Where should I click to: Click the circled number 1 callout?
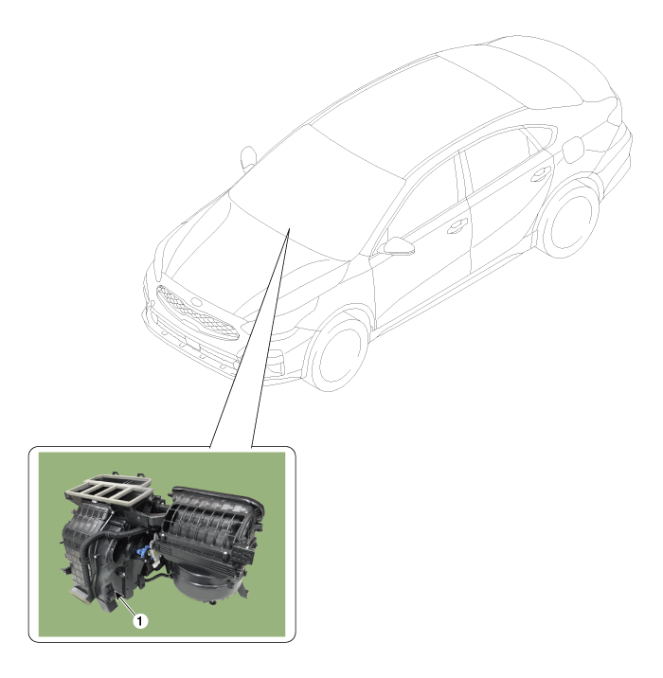[139, 621]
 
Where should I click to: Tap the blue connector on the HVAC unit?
[143, 552]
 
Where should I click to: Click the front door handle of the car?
[457, 225]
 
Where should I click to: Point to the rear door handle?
[541, 174]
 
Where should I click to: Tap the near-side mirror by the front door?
[398, 246]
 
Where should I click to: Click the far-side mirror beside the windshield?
[248, 157]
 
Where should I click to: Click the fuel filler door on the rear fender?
[574, 150]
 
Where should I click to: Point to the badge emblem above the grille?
[196, 302]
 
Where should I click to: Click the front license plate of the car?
[191, 344]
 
